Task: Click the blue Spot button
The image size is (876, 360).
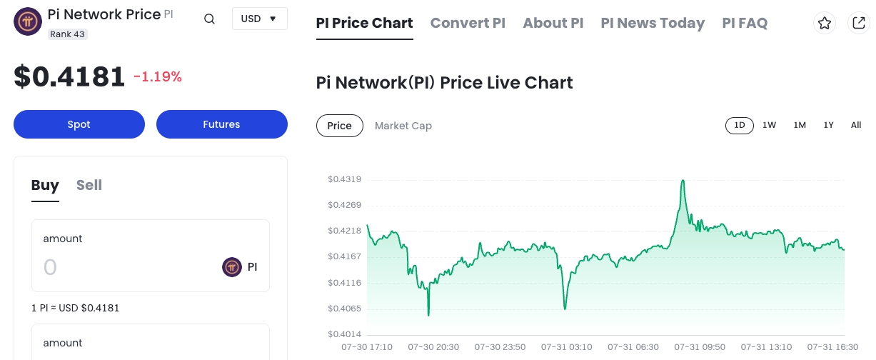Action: [x=79, y=124]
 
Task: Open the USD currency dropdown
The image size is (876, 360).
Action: [x=259, y=19]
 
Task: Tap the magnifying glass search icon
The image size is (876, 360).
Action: [x=209, y=19]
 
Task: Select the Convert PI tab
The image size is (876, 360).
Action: [x=468, y=23]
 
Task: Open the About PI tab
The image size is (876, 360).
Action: [x=553, y=23]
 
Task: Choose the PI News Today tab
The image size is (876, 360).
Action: [x=653, y=23]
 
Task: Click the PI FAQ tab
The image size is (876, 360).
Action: [x=745, y=23]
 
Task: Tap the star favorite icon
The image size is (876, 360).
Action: [x=825, y=23]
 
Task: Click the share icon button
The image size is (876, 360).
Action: [x=858, y=23]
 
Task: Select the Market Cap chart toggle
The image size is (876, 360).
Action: [x=403, y=126]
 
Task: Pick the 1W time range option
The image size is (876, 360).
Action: [x=769, y=125]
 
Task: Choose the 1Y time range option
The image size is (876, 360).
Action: [x=828, y=125]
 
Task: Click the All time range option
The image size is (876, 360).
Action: [x=856, y=125]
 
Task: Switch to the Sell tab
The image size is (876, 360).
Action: [x=89, y=185]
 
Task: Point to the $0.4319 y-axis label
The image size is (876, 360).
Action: [x=344, y=179]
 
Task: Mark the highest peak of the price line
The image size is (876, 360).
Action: [x=683, y=180]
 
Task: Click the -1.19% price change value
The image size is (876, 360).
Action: [x=158, y=76]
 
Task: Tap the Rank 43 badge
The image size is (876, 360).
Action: [x=68, y=34]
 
